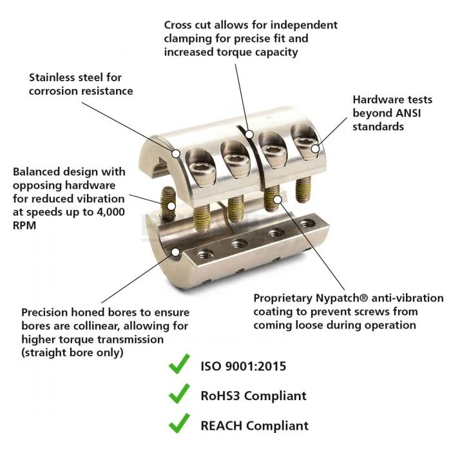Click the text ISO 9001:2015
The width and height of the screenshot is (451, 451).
point(244,367)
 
